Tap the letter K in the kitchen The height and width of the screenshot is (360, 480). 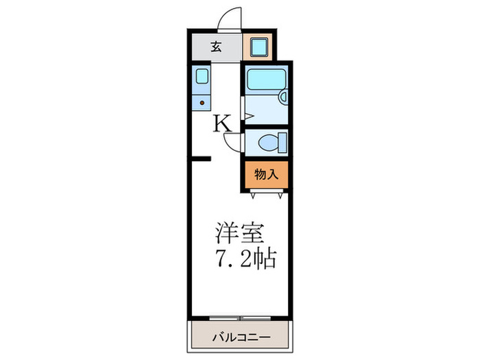[222, 123]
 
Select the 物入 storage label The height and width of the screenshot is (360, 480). [265, 174]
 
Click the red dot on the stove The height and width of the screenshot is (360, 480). [202, 104]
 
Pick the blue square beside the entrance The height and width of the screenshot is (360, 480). [259, 47]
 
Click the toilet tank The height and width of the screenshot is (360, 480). [282, 143]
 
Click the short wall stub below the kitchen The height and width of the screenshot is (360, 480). [200, 159]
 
